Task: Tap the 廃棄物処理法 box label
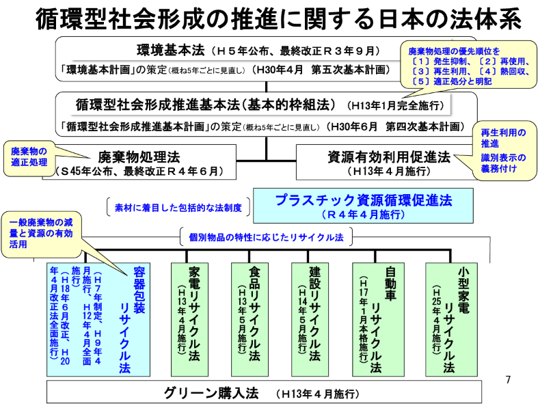click(x=140, y=156)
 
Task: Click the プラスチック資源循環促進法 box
click(x=364, y=204)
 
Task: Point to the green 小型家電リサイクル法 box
click(x=448, y=318)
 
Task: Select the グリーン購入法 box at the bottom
click(x=269, y=393)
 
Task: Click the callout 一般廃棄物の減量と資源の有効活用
click(x=45, y=232)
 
